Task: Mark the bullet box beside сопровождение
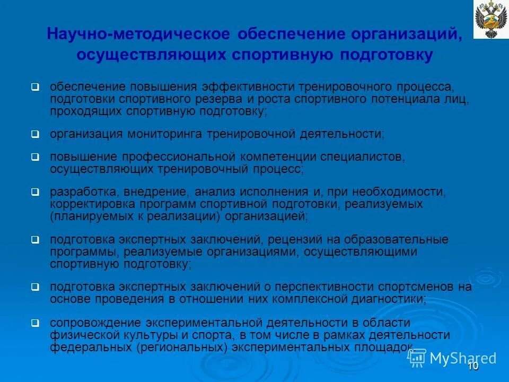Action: click(35, 323)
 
